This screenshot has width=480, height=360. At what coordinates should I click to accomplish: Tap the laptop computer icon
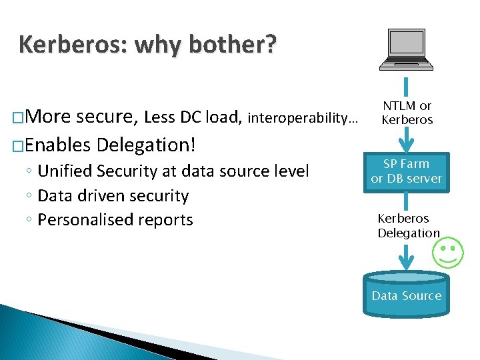point(406,50)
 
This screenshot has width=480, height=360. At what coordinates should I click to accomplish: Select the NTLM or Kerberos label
point(407,113)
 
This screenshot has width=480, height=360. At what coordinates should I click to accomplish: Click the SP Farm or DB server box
point(407,171)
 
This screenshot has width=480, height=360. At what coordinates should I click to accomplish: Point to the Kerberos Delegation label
point(408,225)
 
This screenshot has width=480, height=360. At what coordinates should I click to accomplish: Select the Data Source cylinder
point(407,293)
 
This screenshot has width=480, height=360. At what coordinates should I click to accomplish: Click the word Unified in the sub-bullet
point(65,171)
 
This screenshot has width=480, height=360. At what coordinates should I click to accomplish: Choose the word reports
point(167,219)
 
